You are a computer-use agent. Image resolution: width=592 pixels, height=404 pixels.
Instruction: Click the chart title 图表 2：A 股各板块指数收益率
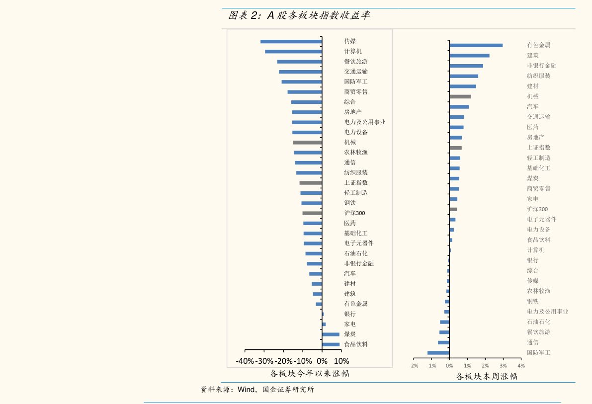(x=299, y=15)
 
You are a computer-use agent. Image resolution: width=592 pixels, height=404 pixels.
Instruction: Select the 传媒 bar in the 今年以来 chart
(x=291, y=41)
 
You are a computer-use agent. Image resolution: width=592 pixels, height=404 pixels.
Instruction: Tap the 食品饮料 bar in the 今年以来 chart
(x=331, y=344)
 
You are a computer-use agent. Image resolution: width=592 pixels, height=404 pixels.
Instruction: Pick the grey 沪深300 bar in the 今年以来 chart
(x=312, y=213)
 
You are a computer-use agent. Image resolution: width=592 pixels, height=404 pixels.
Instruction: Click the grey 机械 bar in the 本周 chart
(x=460, y=96)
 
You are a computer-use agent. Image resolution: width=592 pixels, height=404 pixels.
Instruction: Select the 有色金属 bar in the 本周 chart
(x=476, y=45)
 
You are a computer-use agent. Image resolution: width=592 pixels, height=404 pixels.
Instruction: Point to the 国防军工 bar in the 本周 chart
(x=438, y=353)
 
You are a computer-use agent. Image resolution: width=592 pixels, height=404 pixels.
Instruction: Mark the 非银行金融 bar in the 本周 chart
(x=466, y=66)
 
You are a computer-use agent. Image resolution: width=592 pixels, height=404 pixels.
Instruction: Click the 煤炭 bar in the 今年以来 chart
(x=331, y=334)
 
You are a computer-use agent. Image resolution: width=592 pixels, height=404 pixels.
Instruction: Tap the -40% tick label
(x=245, y=361)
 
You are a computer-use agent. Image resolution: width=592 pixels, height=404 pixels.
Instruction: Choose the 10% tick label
(x=341, y=361)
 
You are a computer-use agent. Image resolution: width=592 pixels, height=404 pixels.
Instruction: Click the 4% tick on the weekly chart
(x=521, y=366)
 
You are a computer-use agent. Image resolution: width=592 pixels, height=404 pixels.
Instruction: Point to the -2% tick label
(x=414, y=366)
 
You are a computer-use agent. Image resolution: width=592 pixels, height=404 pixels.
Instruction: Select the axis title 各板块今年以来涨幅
(x=310, y=373)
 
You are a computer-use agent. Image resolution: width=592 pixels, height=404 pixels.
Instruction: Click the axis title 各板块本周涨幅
(x=487, y=376)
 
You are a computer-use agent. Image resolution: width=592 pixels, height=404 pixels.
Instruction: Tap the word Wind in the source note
(x=247, y=389)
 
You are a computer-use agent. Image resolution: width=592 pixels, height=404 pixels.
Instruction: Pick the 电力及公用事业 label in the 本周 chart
(x=547, y=312)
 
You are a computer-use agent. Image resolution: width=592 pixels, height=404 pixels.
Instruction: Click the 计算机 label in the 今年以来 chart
(x=353, y=51)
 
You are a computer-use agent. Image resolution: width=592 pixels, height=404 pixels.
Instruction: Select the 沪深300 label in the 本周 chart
(x=537, y=209)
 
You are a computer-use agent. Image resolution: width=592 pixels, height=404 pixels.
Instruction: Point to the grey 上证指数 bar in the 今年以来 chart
(x=311, y=183)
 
